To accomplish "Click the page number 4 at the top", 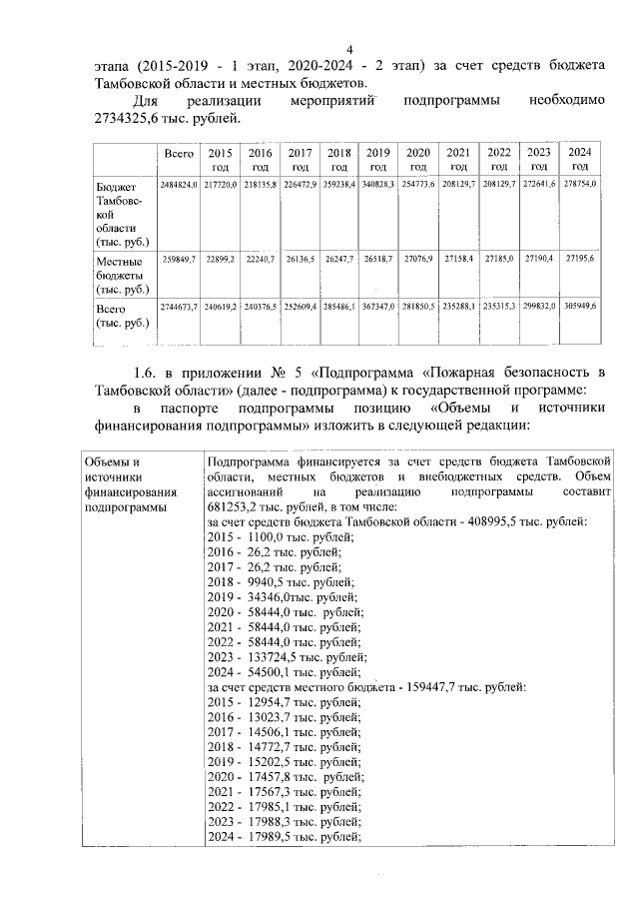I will [x=349, y=51].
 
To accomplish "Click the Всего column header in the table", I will [x=179, y=153].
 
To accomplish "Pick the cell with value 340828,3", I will [x=378, y=186].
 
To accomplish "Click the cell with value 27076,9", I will [x=419, y=259].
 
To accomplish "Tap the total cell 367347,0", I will [x=378, y=306].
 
